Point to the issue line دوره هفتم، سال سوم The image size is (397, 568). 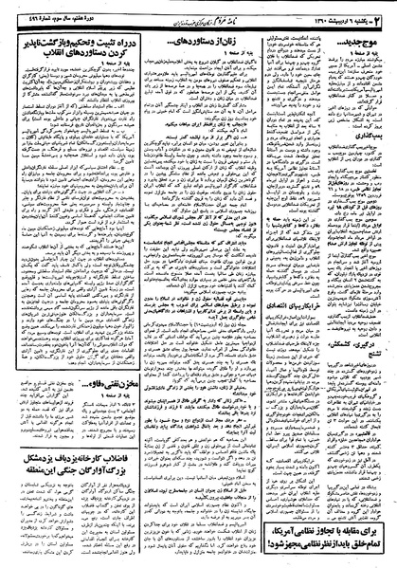point(38,9)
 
